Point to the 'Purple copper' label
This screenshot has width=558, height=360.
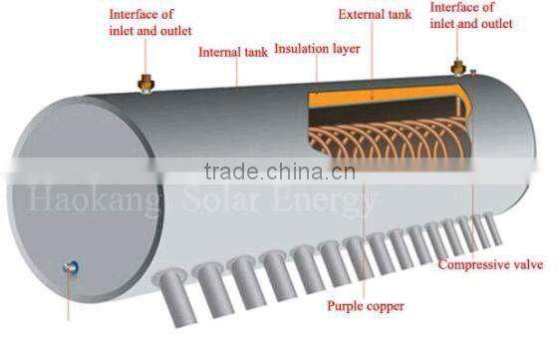pos(366,306)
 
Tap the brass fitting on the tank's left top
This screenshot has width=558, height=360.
pos(148,81)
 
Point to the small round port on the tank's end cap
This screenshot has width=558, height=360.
pos(71,266)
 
